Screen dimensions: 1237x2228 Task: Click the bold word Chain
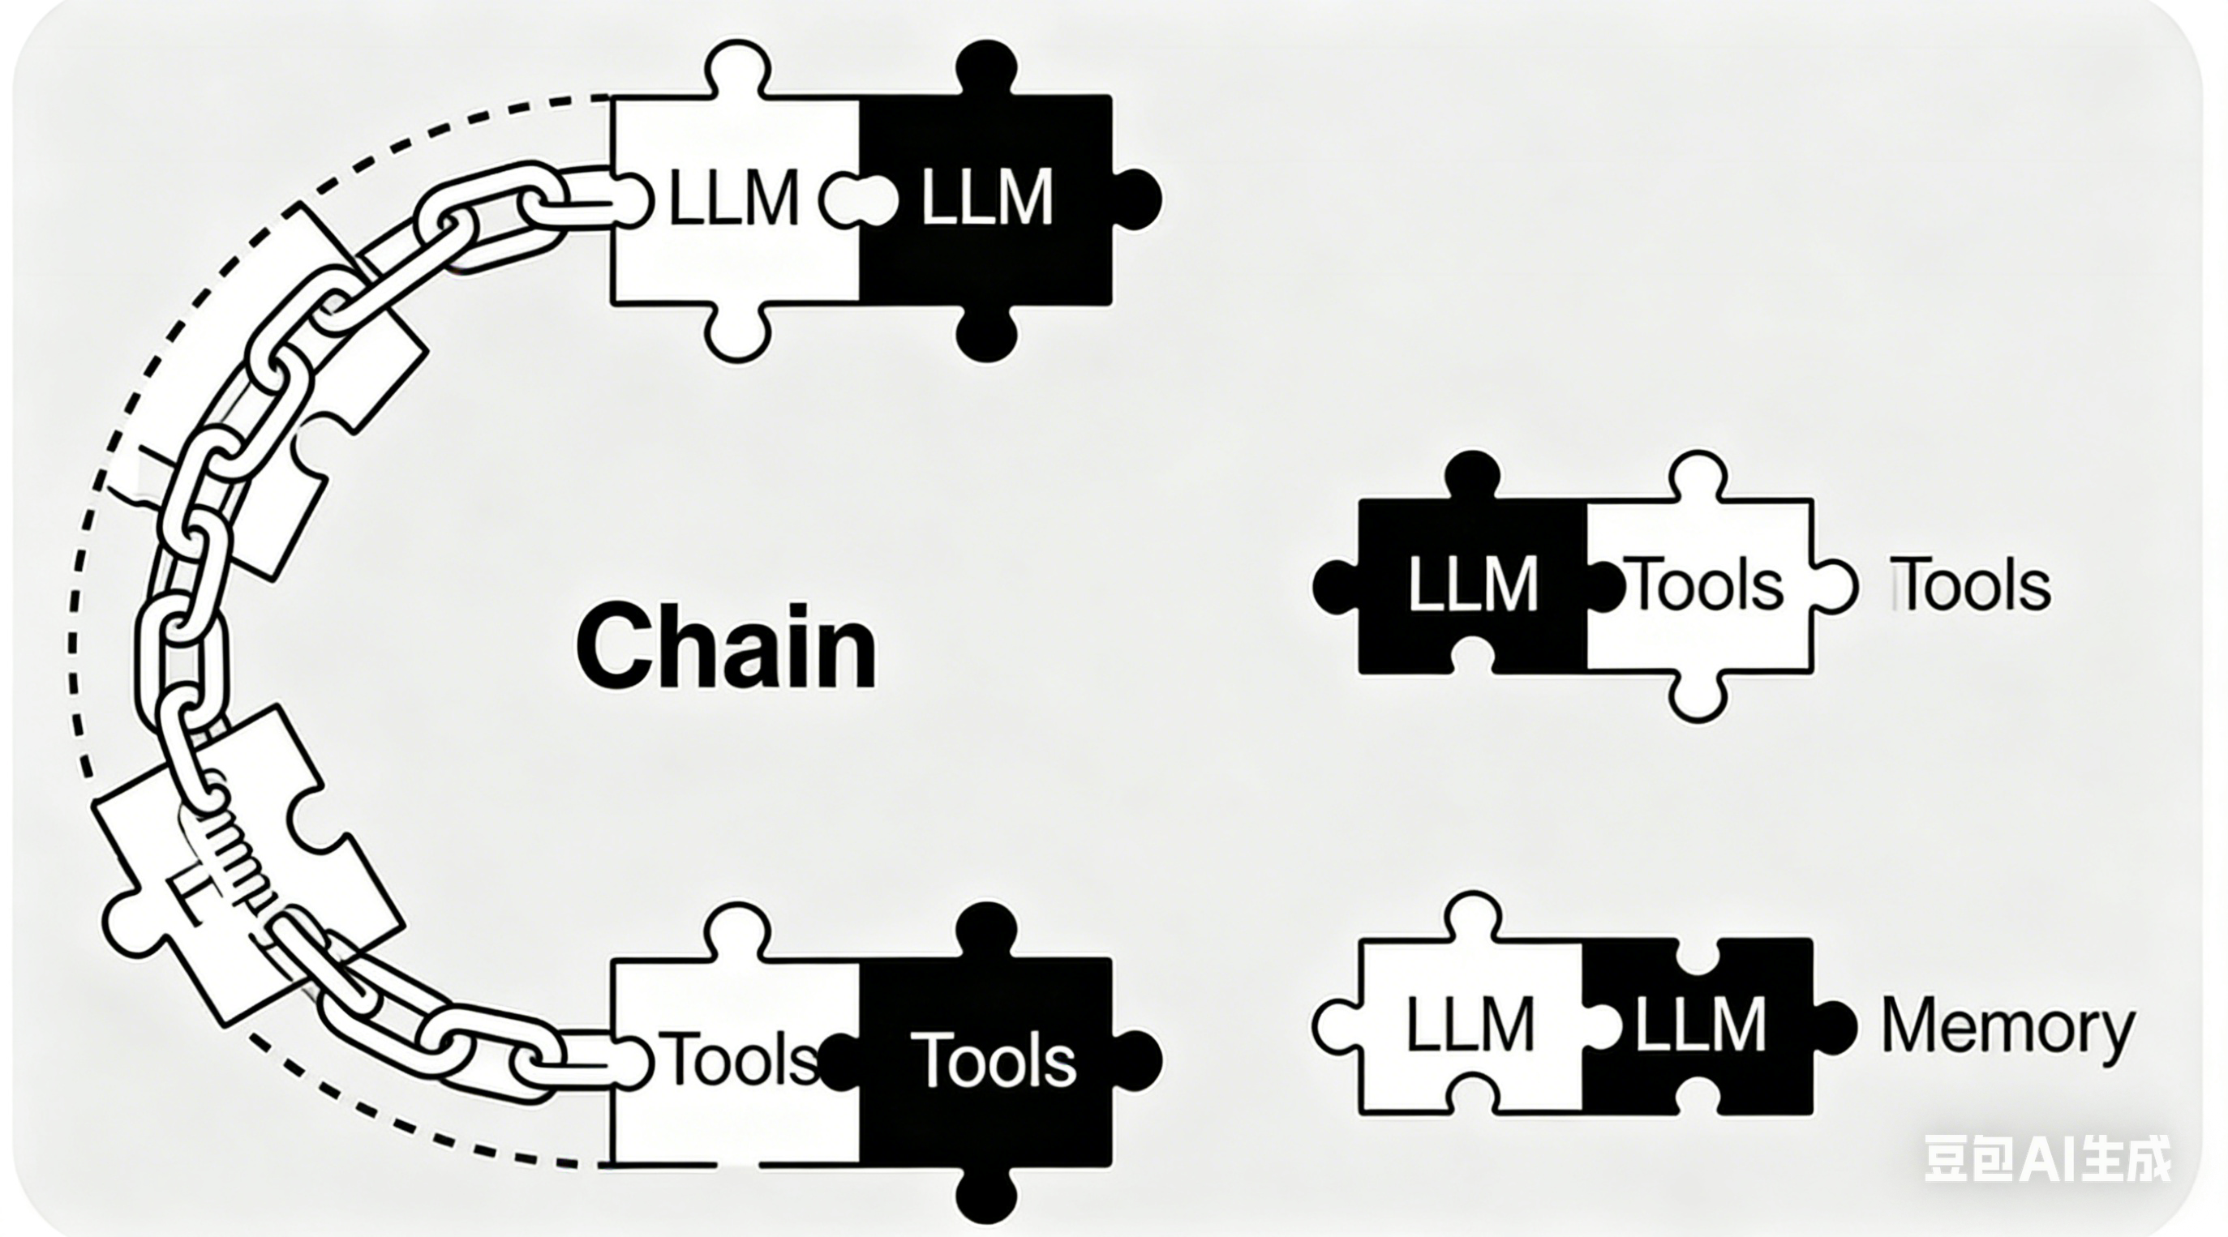(726, 647)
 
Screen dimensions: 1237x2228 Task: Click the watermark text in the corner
(2046, 1159)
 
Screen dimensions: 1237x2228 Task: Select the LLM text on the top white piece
(733, 199)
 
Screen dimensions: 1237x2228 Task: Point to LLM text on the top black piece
(986, 199)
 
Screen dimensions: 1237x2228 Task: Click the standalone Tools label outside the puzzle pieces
(1972, 585)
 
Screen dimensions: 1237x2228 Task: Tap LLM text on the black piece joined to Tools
(1472, 584)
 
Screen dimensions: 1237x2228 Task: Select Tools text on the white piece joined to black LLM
(1706, 584)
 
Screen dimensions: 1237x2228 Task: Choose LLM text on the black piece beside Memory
(1698, 1025)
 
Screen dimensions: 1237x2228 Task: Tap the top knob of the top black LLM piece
(986, 65)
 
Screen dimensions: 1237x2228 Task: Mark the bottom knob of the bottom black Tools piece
(986, 1197)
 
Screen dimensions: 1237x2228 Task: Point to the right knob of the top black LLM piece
(1137, 198)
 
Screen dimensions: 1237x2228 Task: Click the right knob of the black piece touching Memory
(1834, 1026)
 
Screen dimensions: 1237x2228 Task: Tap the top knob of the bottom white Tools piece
(738, 929)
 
